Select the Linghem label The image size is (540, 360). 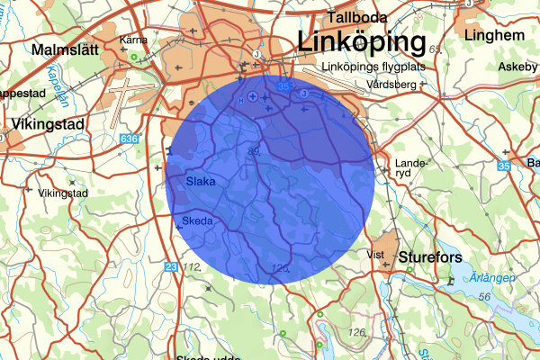click(495, 35)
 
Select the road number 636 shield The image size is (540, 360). click(130, 139)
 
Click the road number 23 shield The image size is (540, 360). click(171, 266)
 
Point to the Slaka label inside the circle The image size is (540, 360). click(201, 182)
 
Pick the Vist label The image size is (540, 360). click(376, 255)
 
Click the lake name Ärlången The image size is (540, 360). click(493, 278)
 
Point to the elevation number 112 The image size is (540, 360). click(191, 267)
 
